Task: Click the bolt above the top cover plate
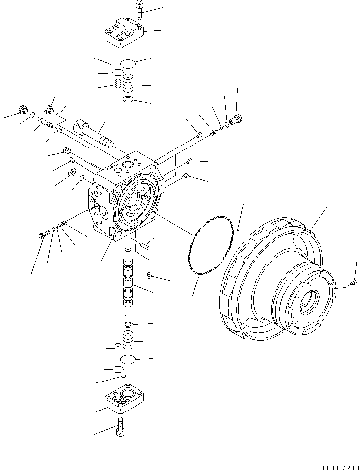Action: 137,10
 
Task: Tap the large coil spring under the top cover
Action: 128,85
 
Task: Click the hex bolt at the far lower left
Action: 41,235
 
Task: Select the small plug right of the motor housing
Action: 354,283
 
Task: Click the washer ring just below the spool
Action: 128,325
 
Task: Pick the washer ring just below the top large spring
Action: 128,100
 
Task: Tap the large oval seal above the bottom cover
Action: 128,359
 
